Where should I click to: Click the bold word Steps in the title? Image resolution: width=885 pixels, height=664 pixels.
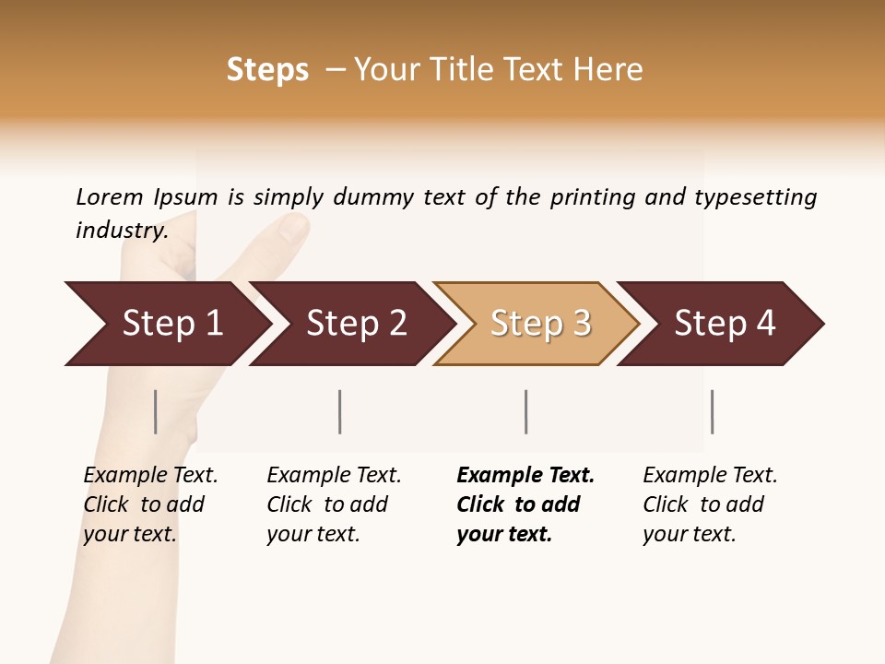(x=267, y=70)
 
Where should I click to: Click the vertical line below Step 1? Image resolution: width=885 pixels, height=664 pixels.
(x=156, y=411)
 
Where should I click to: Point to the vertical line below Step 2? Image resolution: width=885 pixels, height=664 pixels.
(x=340, y=411)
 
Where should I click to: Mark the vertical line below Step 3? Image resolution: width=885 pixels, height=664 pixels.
(x=526, y=411)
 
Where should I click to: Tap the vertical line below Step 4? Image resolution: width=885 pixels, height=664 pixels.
(x=713, y=411)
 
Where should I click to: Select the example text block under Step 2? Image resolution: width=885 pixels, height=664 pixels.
(x=333, y=504)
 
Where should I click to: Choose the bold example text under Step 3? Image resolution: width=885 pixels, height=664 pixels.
(x=525, y=504)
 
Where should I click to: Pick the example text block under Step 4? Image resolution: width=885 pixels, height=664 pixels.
(x=709, y=504)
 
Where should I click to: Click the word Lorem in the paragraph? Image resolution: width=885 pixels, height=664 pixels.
(x=110, y=197)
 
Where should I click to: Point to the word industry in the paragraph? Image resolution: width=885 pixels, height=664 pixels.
(x=121, y=231)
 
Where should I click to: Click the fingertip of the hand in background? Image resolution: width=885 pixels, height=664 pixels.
(x=293, y=226)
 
